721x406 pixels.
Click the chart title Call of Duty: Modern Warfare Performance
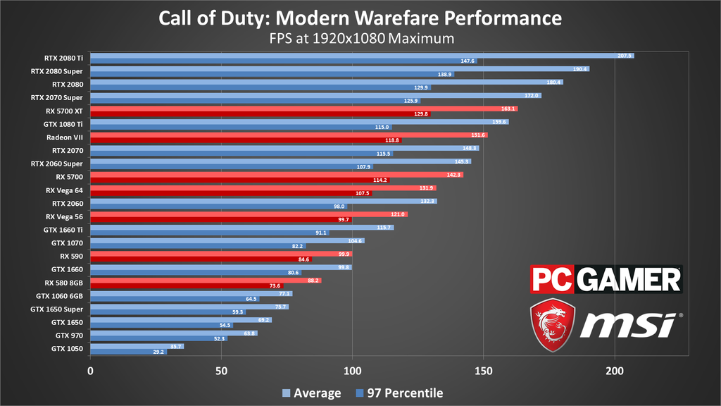coord(360,17)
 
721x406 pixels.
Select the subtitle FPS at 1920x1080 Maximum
coord(360,37)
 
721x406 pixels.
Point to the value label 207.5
coord(625,55)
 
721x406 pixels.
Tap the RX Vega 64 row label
coord(65,190)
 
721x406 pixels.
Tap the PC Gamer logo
coord(606,279)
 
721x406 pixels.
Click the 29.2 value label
coord(158,352)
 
